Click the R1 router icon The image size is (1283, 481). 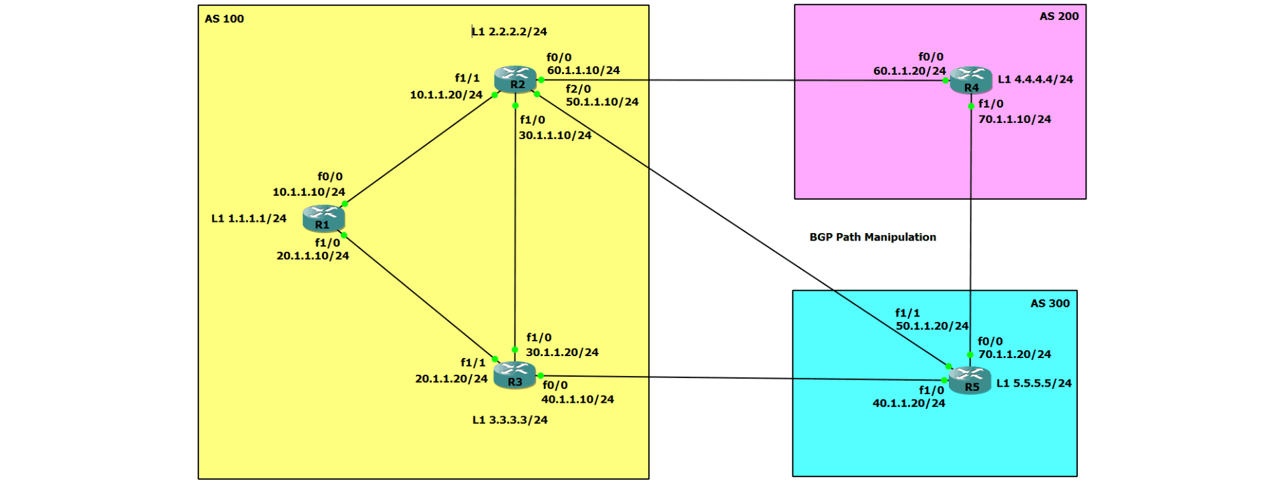click(323, 218)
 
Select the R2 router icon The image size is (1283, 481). click(515, 79)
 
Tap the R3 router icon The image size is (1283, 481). click(515, 375)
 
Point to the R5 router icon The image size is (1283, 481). click(970, 381)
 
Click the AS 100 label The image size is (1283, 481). click(224, 19)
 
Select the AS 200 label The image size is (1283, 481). click(1058, 16)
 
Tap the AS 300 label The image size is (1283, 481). click(1050, 303)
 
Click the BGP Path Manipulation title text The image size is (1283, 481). click(872, 237)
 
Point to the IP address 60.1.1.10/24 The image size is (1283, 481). click(583, 70)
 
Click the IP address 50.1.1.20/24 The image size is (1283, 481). click(932, 326)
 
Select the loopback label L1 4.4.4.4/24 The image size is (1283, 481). click(1035, 79)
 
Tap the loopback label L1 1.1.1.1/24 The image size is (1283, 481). click(249, 218)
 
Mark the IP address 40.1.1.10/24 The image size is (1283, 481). click(577, 399)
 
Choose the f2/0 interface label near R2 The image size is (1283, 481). click(578, 89)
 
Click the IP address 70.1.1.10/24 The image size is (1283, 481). click(1014, 119)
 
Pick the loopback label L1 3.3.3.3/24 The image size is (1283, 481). click(510, 420)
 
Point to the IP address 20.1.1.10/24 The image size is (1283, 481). click(313, 256)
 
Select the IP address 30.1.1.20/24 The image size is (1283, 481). click(562, 352)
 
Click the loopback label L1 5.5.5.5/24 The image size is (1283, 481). click(1034, 383)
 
